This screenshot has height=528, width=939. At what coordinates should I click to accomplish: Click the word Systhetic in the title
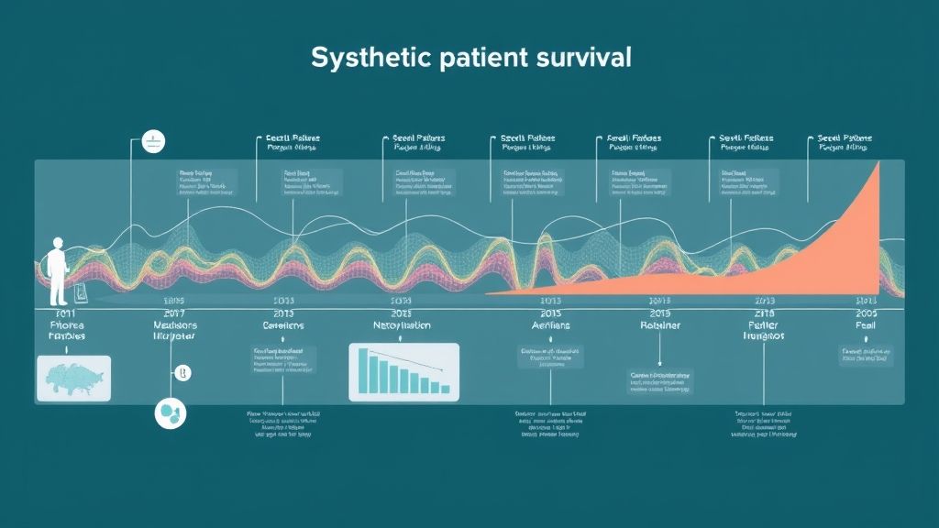(x=368, y=58)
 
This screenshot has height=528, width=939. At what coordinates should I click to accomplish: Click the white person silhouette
(x=58, y=270)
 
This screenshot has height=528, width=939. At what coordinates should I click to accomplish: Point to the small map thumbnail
(x=73, y=378)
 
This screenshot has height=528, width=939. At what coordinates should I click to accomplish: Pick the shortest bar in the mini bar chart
(x=446, y=389)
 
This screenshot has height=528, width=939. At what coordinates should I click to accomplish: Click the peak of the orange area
(x=878, y=163)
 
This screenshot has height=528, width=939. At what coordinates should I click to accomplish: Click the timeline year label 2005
(x=866, y=313)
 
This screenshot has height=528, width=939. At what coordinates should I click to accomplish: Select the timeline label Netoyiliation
(x=402, y=325)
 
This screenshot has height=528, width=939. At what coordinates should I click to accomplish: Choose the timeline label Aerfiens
(x=551, y=325)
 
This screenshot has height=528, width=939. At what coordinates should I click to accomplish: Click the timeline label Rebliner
(x=660, y=325)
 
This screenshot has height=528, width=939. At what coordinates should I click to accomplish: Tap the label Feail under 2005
(x=866, y=325)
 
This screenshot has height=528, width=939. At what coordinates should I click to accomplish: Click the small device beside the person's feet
(x=80, y=292)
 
